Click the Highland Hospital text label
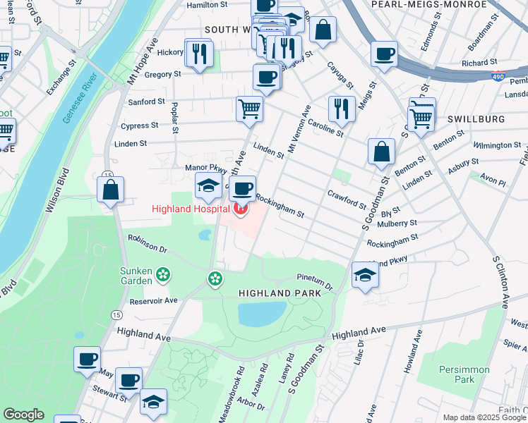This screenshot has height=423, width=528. point(188,209)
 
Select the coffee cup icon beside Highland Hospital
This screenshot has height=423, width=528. point(243,188)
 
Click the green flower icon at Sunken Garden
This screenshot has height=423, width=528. point(163,274)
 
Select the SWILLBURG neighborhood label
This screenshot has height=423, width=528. point(480,119)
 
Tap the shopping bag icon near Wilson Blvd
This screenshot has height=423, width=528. point(111,190)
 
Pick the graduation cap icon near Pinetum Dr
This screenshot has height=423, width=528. point(365,274)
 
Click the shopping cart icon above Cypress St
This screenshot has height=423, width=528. point(249,109)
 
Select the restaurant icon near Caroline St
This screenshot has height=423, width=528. point(342,109)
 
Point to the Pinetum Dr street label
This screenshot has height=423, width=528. point(315,281)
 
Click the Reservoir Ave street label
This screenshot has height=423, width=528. point(150,301)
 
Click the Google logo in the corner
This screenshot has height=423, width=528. point(23,415)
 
